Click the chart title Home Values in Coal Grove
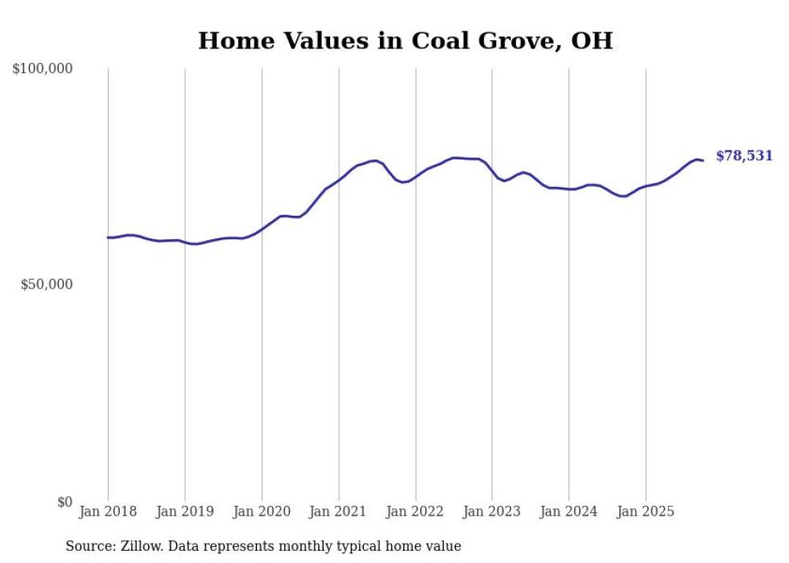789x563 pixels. pos(405,40)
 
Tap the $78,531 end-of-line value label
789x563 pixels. pos(744,156)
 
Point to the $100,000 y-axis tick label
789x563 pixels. pos(43,69)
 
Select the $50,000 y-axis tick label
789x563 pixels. pos(46,285)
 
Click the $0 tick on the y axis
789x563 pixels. pos(64,502)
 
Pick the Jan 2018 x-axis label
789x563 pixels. pos(108,511)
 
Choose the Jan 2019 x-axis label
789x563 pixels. pos(185,511)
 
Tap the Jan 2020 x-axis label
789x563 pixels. pos(262,511)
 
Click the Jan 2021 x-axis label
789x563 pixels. pos(339,511)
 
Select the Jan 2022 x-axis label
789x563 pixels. pos(415,511)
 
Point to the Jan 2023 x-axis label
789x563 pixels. pos(492,511)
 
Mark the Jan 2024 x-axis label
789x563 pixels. pos(569,511)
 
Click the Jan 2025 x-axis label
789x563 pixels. pos(646,511)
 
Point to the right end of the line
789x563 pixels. pos(703,160)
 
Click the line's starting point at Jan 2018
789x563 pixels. pos(108,238)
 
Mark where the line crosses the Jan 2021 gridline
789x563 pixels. pos(339,180)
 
